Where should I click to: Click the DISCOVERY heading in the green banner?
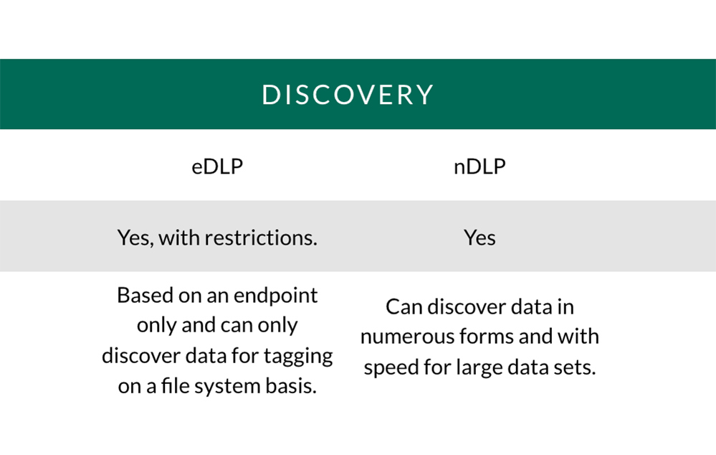coord(347,95)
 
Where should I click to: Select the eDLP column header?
coord(217,166)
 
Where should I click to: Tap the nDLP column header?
coord(479,166)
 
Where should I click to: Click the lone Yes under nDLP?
coord(479,238)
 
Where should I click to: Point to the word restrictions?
coord(261,238)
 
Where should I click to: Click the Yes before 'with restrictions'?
coord(135,238)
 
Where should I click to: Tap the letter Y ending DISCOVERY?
coord(424,95)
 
